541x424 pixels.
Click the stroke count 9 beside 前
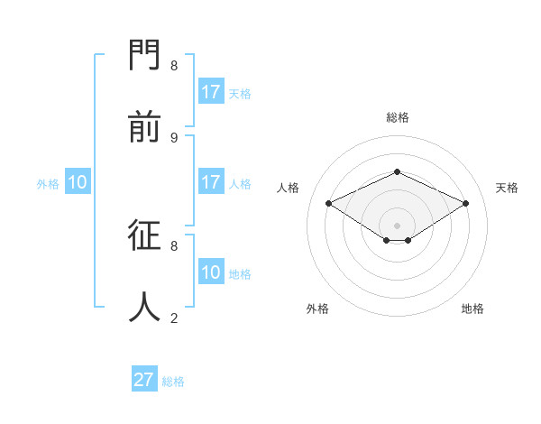point(174,137)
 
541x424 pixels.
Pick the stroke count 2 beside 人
point(174,318)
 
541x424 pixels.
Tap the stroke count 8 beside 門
point(174,66)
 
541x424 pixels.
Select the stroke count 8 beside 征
point(174,245)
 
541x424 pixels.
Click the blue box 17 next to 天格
point(211,92)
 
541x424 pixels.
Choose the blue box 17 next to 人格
point(211,182)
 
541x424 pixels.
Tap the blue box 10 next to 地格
point(211,272)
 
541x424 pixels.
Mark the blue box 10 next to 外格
point(78,182)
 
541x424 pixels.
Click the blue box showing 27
point(144,380)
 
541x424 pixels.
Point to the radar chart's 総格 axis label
point(398,117)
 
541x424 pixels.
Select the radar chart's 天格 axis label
point(507,188)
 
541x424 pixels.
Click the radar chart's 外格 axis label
point(317,309)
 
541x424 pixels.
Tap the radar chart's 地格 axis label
point(472,309)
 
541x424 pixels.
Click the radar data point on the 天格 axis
point(465,204)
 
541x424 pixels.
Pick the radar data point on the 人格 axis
point(329,204)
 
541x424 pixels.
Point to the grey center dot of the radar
point(398,225)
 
